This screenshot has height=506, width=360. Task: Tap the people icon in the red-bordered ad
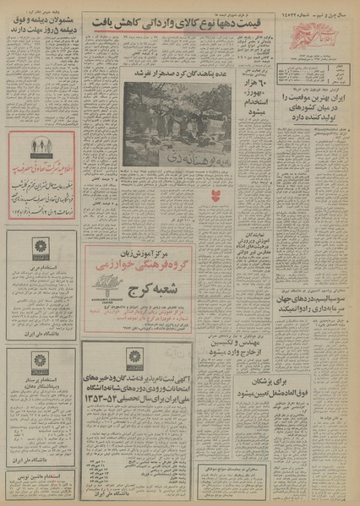click(40, 145)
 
